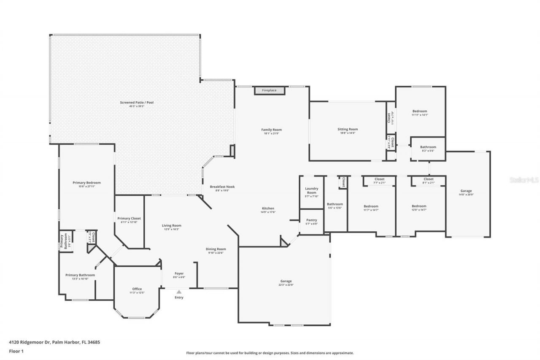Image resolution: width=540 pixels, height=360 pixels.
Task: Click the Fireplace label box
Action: pyautogui.click(x=269, y=91)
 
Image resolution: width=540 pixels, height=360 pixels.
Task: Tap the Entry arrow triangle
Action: pyautogui.click(x=179, y=292)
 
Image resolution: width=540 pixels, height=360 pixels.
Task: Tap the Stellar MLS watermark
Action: pyautogui.click(x=524, y=180)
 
